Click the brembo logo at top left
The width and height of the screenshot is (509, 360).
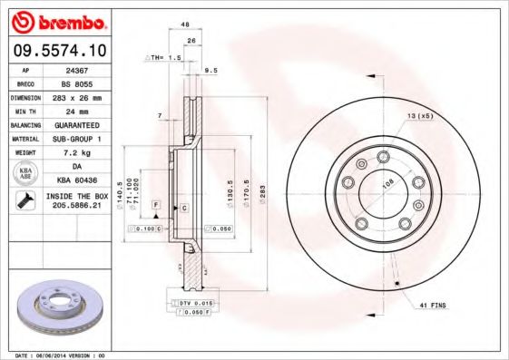[59, 20]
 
